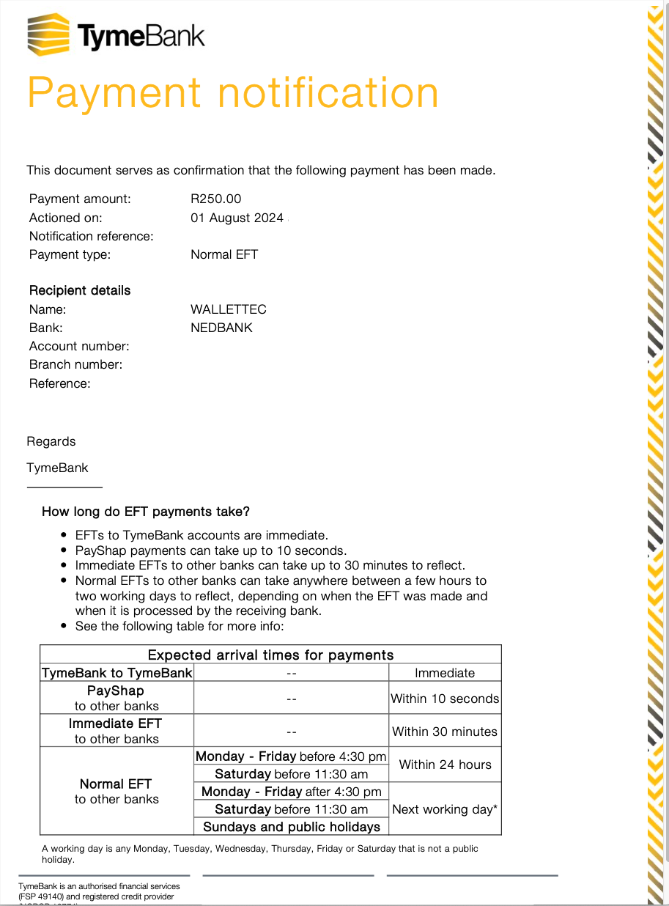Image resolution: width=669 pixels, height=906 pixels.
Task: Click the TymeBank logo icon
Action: point(48,34)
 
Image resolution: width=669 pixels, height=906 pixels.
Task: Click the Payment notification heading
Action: point(232,93)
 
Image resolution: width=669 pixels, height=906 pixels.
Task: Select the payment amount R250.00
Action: point(215,199)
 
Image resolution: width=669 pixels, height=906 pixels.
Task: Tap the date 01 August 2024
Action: point(237,218)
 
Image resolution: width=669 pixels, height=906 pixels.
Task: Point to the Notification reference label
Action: point(91,236)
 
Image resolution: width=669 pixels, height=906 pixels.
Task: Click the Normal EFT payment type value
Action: point(224,254)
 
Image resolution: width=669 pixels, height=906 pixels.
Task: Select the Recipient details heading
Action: point(80,290)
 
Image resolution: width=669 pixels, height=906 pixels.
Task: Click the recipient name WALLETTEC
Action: point(229,309)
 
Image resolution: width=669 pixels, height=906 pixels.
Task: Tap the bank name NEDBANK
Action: point(221,328)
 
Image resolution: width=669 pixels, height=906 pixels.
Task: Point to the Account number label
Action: point(79,346)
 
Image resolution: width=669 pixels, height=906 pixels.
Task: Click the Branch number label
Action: point(75,364)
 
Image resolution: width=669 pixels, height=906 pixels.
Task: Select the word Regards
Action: point(51,441)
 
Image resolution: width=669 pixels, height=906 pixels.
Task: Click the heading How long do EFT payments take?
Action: point(146,512)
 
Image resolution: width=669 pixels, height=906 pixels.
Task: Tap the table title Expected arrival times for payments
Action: point(270,655)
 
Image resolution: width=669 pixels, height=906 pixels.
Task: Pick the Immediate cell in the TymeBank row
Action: point(445,673)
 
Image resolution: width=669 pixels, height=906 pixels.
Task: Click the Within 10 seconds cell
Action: point(445,699)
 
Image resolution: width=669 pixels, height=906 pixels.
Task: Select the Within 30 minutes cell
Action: point(445,732)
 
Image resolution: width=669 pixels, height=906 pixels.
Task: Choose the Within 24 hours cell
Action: point(445,765)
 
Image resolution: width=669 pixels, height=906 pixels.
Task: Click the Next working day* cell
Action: point(445,809)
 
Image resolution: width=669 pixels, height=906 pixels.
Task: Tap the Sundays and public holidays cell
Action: point(292,827)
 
